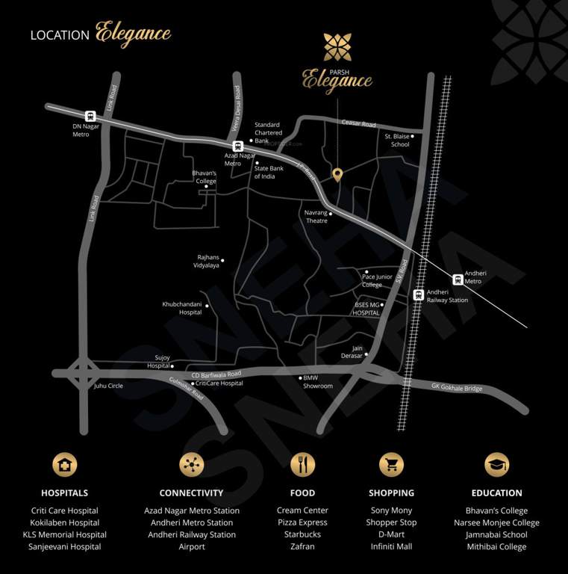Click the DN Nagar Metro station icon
click(91, 116)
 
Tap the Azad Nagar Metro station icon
click(238, 146)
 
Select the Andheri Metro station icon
click(457, 277)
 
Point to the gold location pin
click(337, 175)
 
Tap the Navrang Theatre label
click(316, 217)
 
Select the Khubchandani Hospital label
click(182, 308)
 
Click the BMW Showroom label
click(318, 382)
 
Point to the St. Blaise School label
click(397, 140)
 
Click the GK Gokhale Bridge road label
click(457, 388)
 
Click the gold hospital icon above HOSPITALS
click(65, 464)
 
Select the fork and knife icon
click(302, 464)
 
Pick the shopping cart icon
click(391, 464)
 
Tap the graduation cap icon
click(496, 464)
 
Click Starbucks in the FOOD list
click(302, 534)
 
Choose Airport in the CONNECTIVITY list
click(192, 546)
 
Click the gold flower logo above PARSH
click(337, 47)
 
